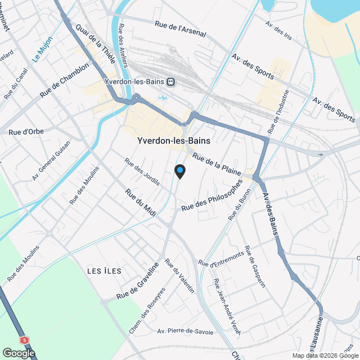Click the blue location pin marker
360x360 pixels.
(179, 171)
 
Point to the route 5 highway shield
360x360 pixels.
(24, 340)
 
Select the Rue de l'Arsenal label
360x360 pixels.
(181, 29)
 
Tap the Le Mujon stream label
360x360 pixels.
(42, 49)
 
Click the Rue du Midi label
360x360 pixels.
(141, 200)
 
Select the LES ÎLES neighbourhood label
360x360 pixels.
(105, 271)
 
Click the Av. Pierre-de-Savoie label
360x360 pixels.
(186, 331)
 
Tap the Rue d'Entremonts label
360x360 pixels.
(221, 259)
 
